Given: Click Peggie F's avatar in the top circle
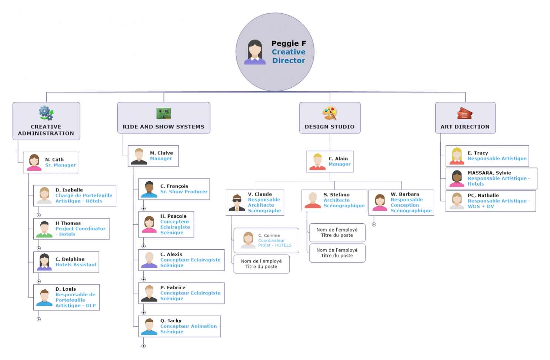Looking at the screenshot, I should point(255,52).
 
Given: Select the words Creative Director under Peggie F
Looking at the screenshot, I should point(289,56).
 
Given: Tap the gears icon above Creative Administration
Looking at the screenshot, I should point(46,113).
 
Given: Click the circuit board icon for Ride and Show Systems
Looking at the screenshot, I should point(163,113).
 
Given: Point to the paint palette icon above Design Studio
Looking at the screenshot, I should point(330,113).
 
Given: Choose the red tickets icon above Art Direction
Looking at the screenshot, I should point(465,113).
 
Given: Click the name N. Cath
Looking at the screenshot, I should point(54,160).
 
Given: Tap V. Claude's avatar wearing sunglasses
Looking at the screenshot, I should point(237,203).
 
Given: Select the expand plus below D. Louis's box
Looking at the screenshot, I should point(39,319).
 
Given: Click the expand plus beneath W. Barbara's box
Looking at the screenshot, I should point(374,224).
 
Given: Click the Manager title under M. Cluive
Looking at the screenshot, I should point(161,159).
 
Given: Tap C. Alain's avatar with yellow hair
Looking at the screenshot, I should point(317,161).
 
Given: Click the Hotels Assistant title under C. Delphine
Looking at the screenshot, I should point(76,265).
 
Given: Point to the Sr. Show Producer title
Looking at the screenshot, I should point(184,192).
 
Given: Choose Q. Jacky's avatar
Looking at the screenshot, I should point(149,326).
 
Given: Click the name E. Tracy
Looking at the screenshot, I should point(478,153).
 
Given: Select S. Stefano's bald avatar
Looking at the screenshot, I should point(313,200).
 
